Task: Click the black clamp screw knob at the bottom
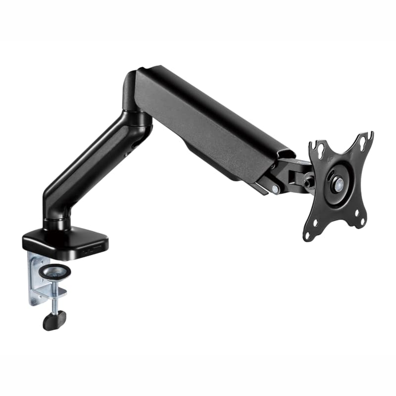[x=54, y=321]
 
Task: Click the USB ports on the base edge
[x=92, y=252]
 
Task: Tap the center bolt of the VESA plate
[x=338, y=184]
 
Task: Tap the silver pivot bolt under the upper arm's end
[x=274, y=189]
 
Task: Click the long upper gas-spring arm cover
[x=208, y=119]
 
